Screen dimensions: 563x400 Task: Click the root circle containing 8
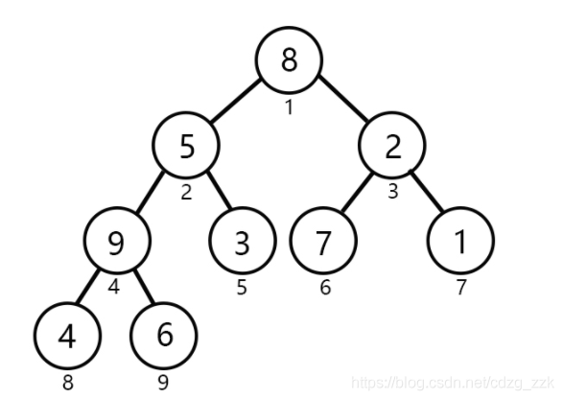[x=289, y=60]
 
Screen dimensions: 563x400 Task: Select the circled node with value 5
[x=186, y=146]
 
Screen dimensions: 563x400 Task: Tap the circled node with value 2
[x=392, y=146]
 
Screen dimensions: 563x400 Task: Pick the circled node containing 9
[x=117, y=240]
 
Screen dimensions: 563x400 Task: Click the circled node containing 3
[x=243, y=240]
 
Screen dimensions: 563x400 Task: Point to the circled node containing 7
[x=323, y=240]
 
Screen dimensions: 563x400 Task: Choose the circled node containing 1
[x=460, y=240]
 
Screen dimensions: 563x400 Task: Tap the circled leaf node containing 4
[x=67, y=336]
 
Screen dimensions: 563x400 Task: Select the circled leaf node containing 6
[x=164, y=336]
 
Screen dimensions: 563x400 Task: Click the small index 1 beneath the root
[x=289, y=107]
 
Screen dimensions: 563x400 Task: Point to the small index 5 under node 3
[x=242, y=287]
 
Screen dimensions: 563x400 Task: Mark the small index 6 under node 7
[x=325, y=287]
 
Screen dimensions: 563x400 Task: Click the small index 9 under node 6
[x=163, y=383]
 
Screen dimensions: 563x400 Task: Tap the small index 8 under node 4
[x=68, y=383]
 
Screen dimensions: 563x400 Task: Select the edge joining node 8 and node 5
[x=236, y=102]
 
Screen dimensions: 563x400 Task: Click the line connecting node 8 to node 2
[x=343, y=98]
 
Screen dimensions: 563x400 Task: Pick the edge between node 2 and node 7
[x=357, y=192]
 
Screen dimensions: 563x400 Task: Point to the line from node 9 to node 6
[x=144, y=287]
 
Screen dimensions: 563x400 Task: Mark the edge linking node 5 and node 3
[x=220, y=190]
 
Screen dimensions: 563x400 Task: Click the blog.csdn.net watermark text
[x=453, y=383]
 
